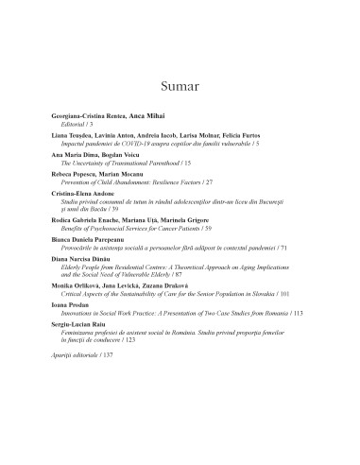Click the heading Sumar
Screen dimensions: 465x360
coord(180,88)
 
